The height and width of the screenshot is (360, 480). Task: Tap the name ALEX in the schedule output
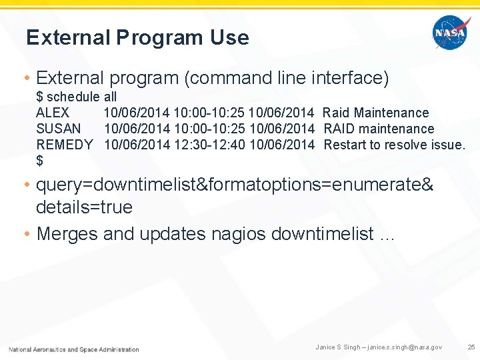pos(53,113)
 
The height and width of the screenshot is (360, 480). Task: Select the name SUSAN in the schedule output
pos(59,129)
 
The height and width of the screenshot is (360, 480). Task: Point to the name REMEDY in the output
pos(65,145)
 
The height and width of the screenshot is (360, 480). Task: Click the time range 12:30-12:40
pos(209,145)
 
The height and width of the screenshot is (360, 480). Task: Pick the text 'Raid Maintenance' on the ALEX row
pos(376,113)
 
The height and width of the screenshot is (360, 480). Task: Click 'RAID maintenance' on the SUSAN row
pos(379,129)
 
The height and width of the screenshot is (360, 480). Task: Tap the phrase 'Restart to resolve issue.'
pos(395,145)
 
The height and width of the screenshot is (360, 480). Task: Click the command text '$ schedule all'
pos(76,97)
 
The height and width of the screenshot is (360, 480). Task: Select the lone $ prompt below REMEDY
pos(39,161)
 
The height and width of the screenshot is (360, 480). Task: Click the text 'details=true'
pos(84,207)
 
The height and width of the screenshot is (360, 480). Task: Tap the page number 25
pos(471,347)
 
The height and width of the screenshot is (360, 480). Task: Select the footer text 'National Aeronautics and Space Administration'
pos(74,349)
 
